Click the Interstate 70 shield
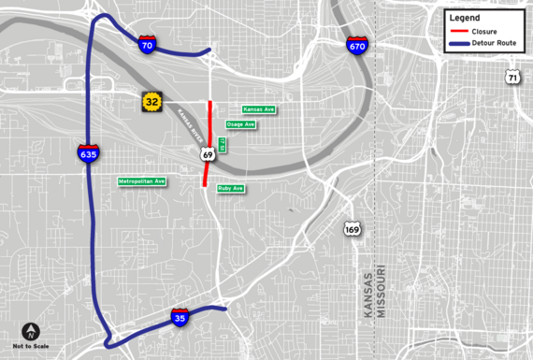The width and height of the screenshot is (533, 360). pyautogui.click(x=147, y=44)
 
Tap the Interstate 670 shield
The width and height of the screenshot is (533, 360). pyautogui.click(x=356, y=46)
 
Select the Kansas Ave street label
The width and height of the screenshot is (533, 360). pyautogui.click(x=259, y=109)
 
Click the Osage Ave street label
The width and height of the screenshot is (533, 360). pyautogui.click(x=240, y=124)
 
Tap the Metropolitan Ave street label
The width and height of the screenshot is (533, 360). pyautogui.click(x=142, y=180)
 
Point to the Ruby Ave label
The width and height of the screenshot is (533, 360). pyautogui.click(x=231, y=188)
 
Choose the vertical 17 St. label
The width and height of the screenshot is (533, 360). pyautogui.click(x=223, y=145)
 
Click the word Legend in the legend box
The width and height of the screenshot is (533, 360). pyautogui.click(x=465, y=18)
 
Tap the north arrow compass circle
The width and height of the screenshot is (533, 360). pyautogui.click(x=32, y=331)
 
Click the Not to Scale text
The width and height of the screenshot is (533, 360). pyautogui.click(x=32, y=347)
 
